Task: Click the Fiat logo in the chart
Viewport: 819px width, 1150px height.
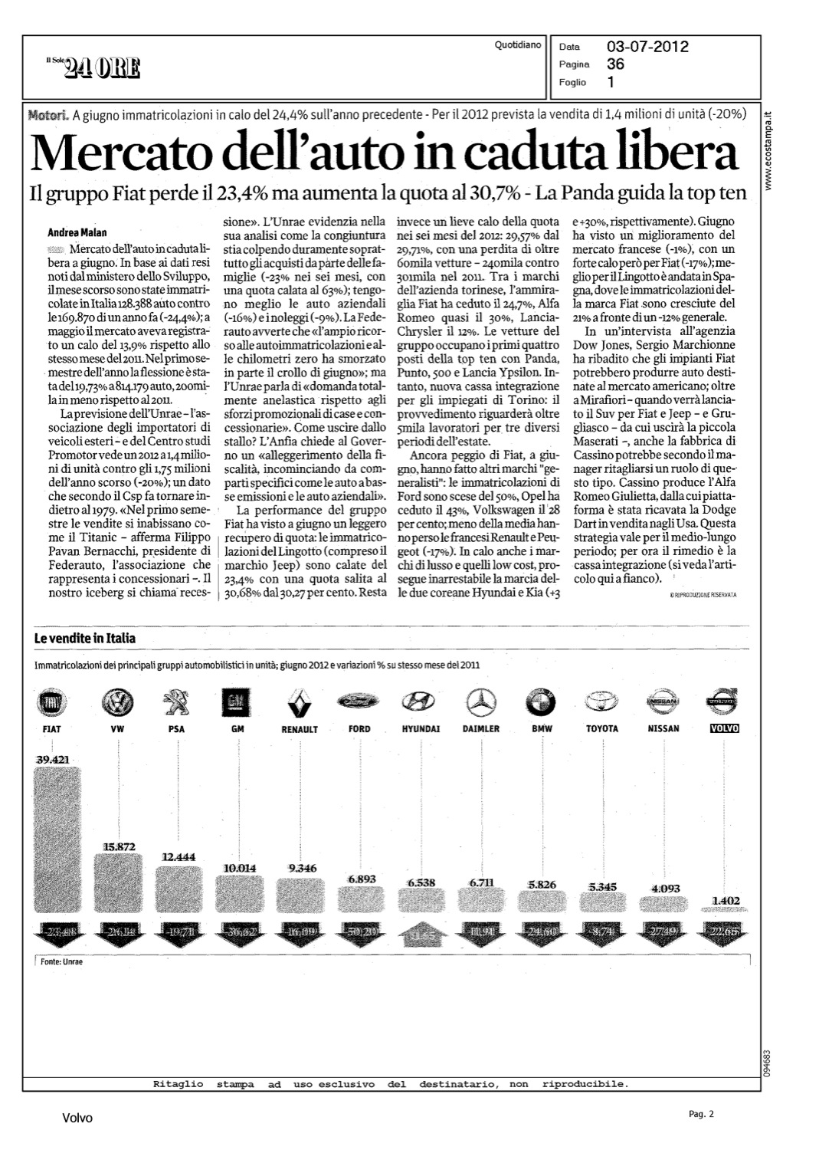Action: [x=53, y=703]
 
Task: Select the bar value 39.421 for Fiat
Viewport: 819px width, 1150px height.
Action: [x=53, y=759]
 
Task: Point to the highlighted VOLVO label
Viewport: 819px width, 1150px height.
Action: [x=724, y=728]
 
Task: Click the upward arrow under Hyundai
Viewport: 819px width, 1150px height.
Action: [x=420, y=936]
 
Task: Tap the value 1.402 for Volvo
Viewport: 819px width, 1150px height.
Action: [x=724, y=900]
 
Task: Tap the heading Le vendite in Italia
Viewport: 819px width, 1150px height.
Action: [x=85, y=639]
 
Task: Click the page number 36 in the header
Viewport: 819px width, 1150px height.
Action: [x=615, y=64]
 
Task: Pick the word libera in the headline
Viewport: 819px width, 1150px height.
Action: [x=682, y=153]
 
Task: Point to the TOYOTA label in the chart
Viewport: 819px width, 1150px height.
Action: [x=602, y=728]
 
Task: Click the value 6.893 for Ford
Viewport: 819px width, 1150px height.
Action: [x=362, y=879]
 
